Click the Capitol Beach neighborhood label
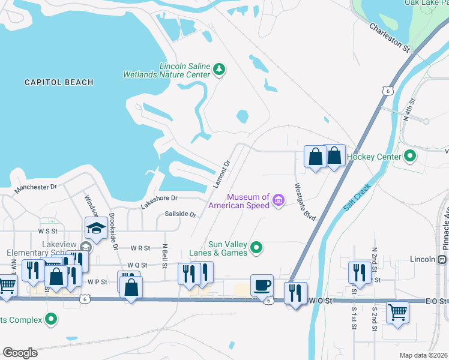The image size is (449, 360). pos(59,82)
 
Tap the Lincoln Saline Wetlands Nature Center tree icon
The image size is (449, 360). pos(220,70)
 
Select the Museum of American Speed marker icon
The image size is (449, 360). pos(279,200)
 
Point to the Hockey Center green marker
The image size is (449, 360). pos(411,157)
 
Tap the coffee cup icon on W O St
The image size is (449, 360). pos(262,285)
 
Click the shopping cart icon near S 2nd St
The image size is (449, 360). pos(397,311)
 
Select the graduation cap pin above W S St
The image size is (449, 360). pos(95,227)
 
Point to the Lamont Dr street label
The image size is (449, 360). pos(221,175)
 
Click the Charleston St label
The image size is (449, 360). pos(389,37)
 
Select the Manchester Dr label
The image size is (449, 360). pos(35,187)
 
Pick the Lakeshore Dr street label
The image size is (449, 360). pos(159,198)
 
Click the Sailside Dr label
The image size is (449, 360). pos(180,214)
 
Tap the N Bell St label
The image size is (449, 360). pos(164,254)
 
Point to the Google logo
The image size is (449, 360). pos(20,353)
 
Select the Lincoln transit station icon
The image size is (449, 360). pos(442,259)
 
